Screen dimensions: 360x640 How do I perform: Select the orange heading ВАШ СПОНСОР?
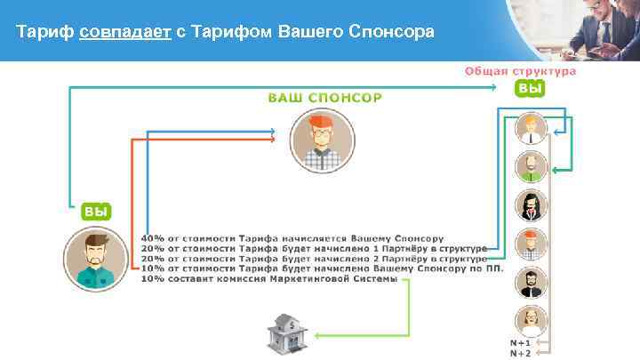(325, 96)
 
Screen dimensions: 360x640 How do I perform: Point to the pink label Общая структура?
(520, 71)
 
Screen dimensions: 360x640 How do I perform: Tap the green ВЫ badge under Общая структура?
(530, 89)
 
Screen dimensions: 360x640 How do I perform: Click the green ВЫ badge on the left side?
(96, 212)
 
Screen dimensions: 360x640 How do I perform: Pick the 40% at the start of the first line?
(152, 238)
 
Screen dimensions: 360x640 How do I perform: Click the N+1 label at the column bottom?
(521, 342)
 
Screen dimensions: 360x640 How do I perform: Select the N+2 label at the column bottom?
(521, 353)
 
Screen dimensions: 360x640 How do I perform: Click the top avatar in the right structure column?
(530, 129)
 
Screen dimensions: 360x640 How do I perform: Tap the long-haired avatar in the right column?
(530, 205)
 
